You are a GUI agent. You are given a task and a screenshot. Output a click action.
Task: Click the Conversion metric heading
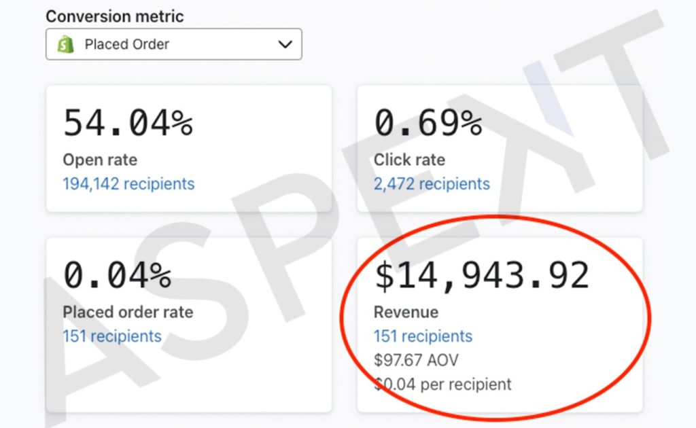tap(114, 16)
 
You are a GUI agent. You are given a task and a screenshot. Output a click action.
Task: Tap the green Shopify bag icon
tap(66, 44)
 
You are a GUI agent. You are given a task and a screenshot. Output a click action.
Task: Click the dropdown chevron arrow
tap(285, 44)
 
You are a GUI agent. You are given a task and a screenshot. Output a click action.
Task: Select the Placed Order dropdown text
tap(127, 44)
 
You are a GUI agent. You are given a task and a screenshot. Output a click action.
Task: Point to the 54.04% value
tap(128, 123)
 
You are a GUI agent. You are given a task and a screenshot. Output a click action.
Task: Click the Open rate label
tap(100, 160)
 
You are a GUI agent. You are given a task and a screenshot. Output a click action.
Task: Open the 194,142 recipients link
tap(128, 183)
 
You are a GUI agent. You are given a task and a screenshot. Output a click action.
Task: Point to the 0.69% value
tap(428, 123)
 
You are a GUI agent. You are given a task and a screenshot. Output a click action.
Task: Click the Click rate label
tap(409, 160)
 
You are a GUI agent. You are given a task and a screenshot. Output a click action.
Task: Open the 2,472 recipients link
tap(432, 183)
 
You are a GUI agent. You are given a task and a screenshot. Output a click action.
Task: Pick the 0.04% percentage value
tap(117, 275)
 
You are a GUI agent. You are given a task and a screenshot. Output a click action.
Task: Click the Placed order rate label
tap(128, 312)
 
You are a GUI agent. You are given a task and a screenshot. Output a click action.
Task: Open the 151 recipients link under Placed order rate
tap(112, 336)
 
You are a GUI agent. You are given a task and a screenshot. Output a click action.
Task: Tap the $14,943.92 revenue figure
tap(482, 275)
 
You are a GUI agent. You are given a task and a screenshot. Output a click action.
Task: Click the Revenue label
tap(406, 312)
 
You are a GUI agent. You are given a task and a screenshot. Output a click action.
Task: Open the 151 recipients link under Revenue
tap(423, 336)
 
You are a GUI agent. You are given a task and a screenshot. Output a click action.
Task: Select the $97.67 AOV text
tap(416, 360)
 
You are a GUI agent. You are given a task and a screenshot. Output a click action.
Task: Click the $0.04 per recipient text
tap(442, 384)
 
